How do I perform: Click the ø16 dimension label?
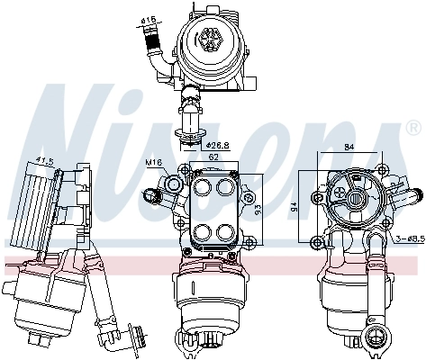[149, 19]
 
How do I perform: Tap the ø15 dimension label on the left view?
[43, 162]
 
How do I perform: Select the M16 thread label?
[154, 163]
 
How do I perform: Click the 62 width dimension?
[213, 156]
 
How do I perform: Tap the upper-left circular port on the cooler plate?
[201, 188]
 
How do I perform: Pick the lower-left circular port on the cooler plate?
[201, 229]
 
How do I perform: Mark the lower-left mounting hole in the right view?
[317, 241]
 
